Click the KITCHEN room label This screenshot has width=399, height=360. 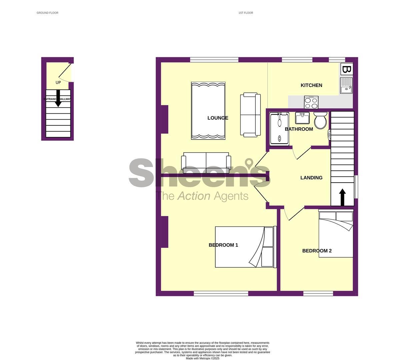tap(311, 85)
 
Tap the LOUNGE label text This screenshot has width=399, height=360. tap(218, 118)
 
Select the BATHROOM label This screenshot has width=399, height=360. tap(299, 129)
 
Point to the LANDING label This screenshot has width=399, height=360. tap(311, 178)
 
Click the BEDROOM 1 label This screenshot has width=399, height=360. tap(223, 245)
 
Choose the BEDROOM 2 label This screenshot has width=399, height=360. tap(317, 251)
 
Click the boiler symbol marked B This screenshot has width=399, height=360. tap(346, 69)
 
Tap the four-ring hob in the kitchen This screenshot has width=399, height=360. tap(311, 102)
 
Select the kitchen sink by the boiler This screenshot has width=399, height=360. tap(346, 86)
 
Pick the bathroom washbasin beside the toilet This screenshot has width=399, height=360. tap(302, 118)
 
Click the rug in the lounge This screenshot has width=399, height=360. tap(208, 110)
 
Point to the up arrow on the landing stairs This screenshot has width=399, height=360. tap(342, 197)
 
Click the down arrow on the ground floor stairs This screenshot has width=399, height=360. tap(58, 99)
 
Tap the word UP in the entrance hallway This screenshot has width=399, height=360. tap(58, 82)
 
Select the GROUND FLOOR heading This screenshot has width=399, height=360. tap(47, 13)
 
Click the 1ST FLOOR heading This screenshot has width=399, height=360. tap(246, 13)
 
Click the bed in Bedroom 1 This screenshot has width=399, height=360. tap(245, 247)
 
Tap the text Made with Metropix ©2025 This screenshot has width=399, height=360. tap(203, 358)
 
